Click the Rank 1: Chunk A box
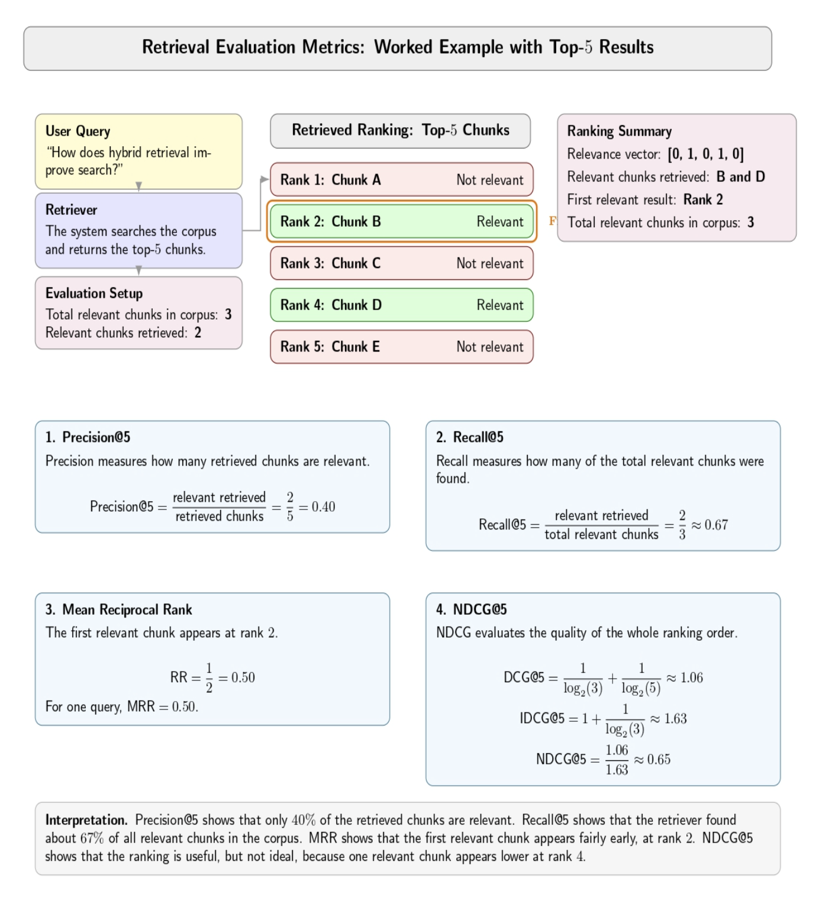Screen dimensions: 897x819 [401, 180]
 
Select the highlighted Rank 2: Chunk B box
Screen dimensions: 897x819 [401, 221]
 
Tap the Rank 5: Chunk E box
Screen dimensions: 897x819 [401, 347]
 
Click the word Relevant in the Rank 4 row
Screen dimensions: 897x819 [500, 305]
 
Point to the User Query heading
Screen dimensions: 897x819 [78, 131]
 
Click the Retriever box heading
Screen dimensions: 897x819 [71, 210]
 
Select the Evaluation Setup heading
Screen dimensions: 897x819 [93, 293]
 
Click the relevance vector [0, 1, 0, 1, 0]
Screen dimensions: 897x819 [705, 154]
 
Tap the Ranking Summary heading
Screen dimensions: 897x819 [619, 131]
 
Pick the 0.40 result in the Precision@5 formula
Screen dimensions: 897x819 [323, 507]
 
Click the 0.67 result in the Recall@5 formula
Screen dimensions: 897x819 [716, 525]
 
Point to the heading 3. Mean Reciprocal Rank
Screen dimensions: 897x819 [118, 609]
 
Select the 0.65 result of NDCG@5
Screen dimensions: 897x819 [659, 760]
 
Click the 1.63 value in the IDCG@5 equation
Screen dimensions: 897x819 [675, 719]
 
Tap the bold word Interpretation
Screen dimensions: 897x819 [86, 820]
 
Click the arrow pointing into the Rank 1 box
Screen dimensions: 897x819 [265, 179]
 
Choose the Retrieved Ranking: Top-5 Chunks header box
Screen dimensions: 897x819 [400, 131]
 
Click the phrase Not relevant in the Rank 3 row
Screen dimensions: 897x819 [489, 264]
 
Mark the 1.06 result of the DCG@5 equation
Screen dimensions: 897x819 [691, 678]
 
